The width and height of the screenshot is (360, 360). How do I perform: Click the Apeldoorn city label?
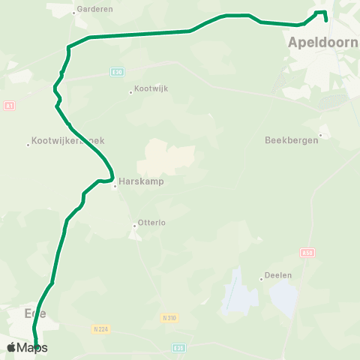pos(322,43)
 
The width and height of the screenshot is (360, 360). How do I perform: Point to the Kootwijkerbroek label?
pos(68,140)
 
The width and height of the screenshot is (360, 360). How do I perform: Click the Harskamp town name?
pos(140,181)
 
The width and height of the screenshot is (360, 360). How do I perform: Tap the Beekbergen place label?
pos(290,139)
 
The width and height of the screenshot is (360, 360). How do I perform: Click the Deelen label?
pos(277,275)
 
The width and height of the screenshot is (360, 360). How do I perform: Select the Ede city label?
pos(34,313)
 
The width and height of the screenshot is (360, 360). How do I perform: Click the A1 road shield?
pos(9,106)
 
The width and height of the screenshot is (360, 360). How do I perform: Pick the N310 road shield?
pos(169,318)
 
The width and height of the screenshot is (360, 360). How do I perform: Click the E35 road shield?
pos(178,347)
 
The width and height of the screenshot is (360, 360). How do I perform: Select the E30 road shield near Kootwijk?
pos(116,72)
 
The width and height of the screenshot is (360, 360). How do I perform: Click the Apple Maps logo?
pos(27,347)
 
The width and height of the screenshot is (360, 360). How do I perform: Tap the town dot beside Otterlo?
pos(135,223)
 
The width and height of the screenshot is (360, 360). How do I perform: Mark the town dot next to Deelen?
pos(261,277)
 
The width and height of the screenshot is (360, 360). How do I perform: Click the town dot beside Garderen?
pos(74,13)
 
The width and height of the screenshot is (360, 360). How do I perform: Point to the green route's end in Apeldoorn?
pos(325,19)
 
